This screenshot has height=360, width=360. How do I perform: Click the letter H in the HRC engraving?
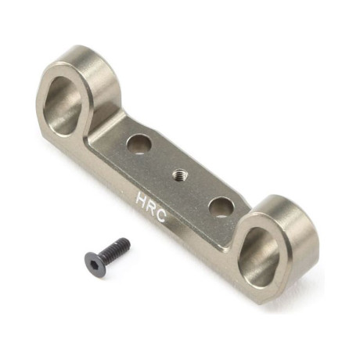click(x=142, y=198)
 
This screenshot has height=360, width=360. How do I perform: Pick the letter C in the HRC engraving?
click(x=161, y=216)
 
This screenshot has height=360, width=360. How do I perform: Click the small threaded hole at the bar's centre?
click(x=178, y=174)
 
